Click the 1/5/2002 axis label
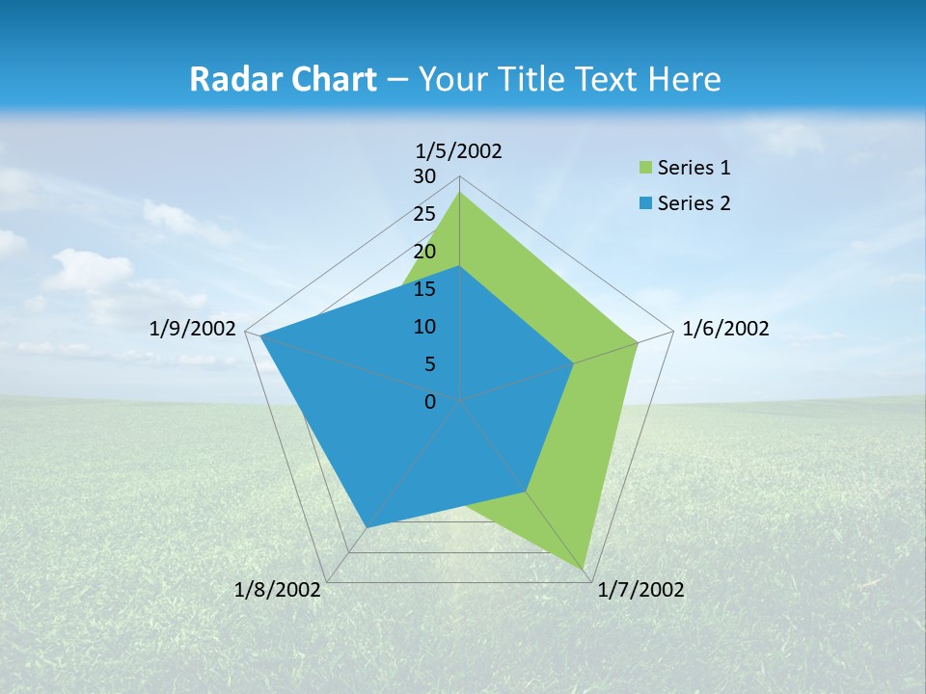click(459, 150)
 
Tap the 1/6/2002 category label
click(725, 329)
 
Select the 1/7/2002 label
click(640, 590)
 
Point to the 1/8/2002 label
click(278, 590)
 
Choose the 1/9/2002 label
click(193, 329)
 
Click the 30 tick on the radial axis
click(424, 176)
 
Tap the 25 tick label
click(424, 214)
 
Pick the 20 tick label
click(424, 252)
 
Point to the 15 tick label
click(424, 289)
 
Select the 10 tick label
click(424, 327)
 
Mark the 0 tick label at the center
click(430, 402)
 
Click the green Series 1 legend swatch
click(645, 169)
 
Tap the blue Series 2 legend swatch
click(645, 203)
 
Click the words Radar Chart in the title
click(283, 79)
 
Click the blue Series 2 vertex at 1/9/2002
click(260, 335)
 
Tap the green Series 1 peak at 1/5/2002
click(459, 193)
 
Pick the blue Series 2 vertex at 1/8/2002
click(367, 526)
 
